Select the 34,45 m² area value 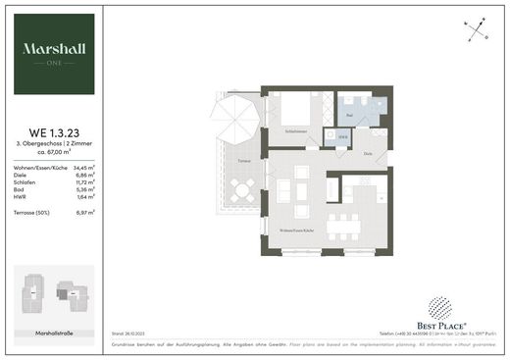tap(87, 169)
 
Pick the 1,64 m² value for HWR tap(89, 197)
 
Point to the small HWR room tap(342, 136)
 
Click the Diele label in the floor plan tap(368, 155)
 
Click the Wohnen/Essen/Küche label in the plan tap(296, 230)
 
